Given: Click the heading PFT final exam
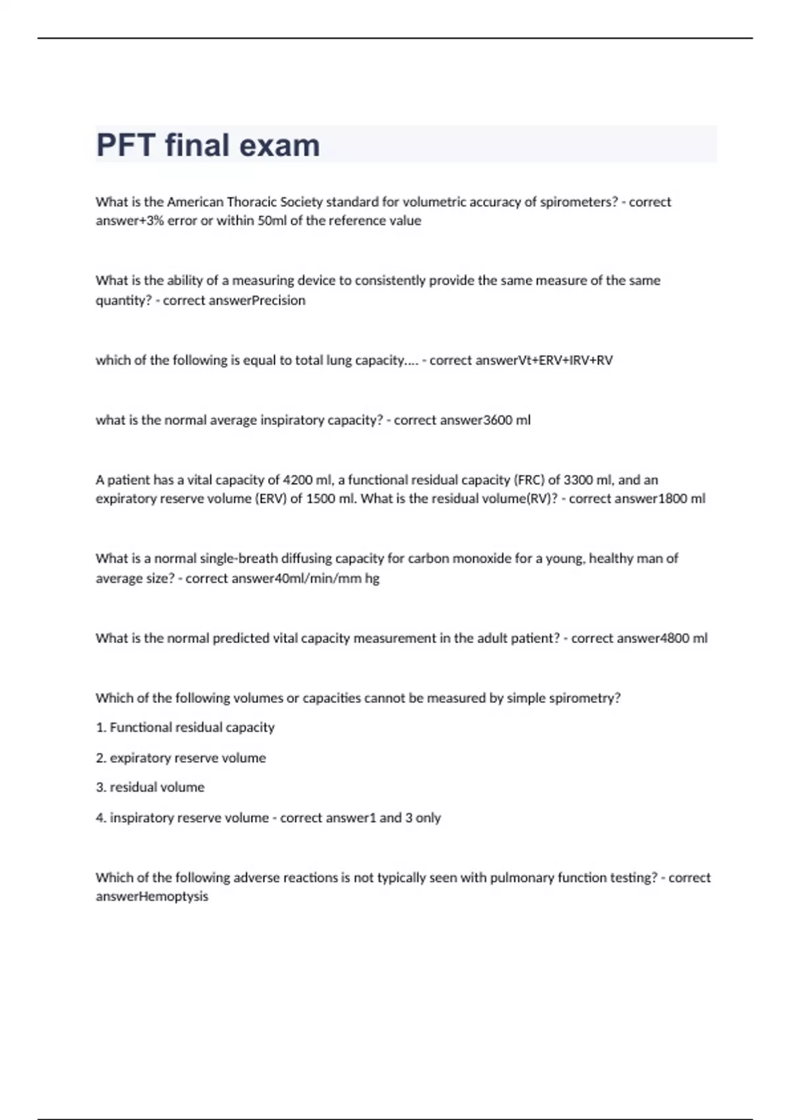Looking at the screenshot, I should pos(208,146).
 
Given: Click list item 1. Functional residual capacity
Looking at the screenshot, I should pos(185,727).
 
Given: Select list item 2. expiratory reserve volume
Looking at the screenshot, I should pos(181,758).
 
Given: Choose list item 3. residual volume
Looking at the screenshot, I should pos(150,787).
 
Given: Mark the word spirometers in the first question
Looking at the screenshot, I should pos(577,202).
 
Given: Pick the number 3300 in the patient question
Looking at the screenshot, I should pos(579,480).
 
